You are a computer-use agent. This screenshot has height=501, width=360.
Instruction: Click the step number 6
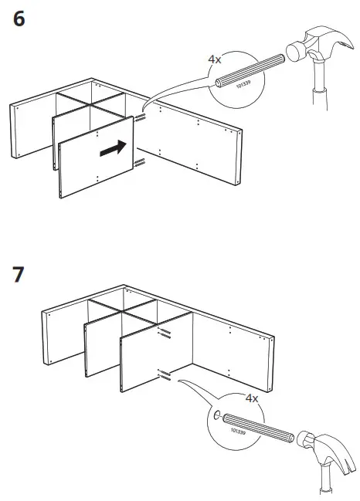click(x=19, y=20)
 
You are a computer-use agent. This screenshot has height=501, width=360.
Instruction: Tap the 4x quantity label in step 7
click(x=251, y=398)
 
